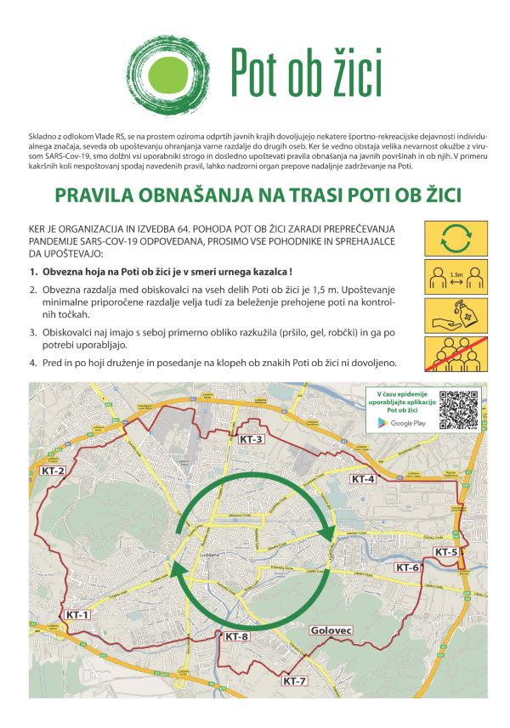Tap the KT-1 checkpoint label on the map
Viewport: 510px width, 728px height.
[x=77, y=614]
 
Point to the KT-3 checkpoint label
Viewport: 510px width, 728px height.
[x=252, y=439]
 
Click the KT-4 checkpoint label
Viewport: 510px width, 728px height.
[x=363, y=479]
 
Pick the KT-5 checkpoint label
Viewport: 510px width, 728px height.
[x=446, y=552]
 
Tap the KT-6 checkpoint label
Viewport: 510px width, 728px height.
[x=407, y=567]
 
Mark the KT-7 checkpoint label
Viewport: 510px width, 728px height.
[x=295, y=681]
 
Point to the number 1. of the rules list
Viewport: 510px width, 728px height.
[x=34, y=272]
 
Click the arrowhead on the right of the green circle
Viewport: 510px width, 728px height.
[x=327, y=532]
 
